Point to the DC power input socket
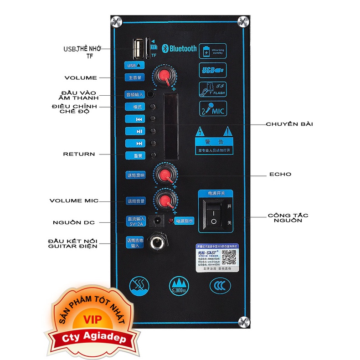coord(157,221)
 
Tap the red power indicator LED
coord(170,221)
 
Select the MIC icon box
coord(212,110)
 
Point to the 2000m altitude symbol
coord(179,285)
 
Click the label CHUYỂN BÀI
coord(289,124)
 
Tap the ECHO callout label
coord(280,174)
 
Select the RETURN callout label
coord(79,154)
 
